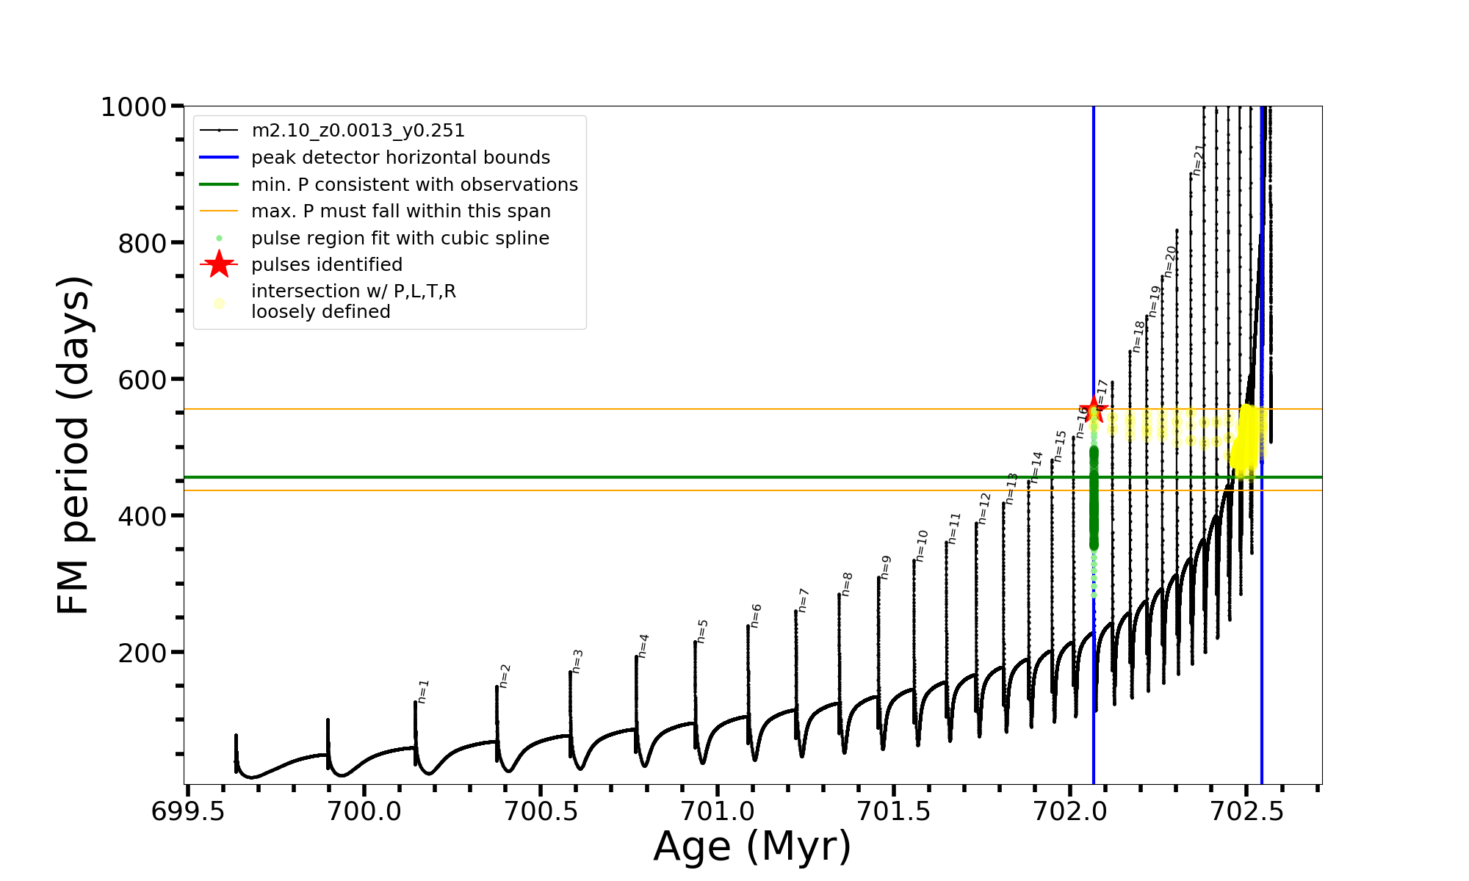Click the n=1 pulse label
(423, 691)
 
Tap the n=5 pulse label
(702, 631)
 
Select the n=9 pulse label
(886, 567)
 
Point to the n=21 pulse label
(1198, 159)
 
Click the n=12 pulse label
(984, 507)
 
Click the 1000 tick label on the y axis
(134, 107)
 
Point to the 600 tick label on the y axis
(143, 380)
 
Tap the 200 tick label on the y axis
(143, 653)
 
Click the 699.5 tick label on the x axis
(187, 812)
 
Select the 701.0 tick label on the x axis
(717, 812)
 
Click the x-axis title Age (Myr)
(752, 846)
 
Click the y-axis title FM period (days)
(73, 445)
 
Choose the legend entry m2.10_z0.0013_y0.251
(358, 131)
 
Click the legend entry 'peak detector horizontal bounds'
(400, 158)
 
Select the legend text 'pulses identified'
(327, 265)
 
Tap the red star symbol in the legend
(219, 264)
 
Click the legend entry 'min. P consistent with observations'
(414, 185)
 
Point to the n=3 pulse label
(577, 661)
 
